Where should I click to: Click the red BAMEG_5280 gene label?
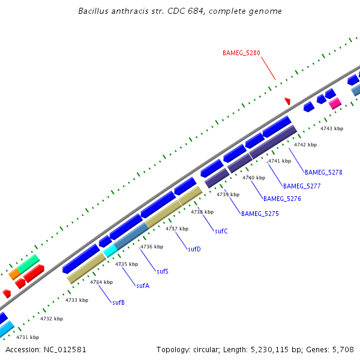pyautogui.click(x=241, y=53)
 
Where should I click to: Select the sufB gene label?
pyautogui.click(x=118, y=302)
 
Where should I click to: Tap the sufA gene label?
pyautogui.click(x=142, y=286)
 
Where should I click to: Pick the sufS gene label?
pyautogui.click(x=162, y=271)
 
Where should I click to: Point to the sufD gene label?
pyautogui.click(x=194, y=249)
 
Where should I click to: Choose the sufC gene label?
pyautogui.click(x=221, y=231)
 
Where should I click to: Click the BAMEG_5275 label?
pyautogui.click(x=260, y=214)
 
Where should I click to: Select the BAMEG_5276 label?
pyautogui.click(x=282, y=199)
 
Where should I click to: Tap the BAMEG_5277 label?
pyautogui.click(x=302, y=186)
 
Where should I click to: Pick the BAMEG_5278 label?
pyautogui.click(x=323, y=172)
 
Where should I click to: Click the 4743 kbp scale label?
pyautogui.click(x=331, y=128)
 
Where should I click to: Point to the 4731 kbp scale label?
pyautogui.click(x=28, y=337)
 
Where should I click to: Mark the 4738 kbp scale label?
pyautogui.click(x=202, y=212)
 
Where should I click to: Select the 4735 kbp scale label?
pyautogui.click(x=127, y=264)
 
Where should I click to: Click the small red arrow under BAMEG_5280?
pyautogui.click(x=287, y=101)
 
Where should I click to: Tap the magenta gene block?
pyautogui.click(x=335, y=103)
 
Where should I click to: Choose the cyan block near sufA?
pyautogui.click(x=110, y=252)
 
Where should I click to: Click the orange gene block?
pyautogui.click(x=14, y=274)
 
